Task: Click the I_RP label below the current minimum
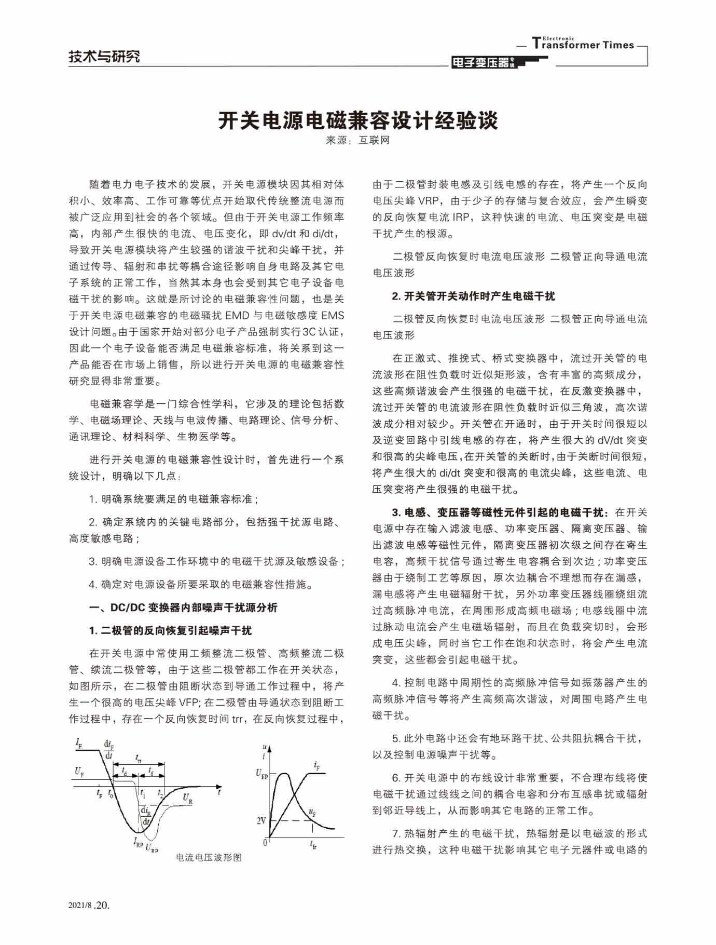(138, 843)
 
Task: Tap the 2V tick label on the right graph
(261, 821)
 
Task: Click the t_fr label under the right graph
(313, 845)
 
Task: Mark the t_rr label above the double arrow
(139, 758)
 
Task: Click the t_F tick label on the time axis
(99, 793)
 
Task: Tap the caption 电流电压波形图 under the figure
(209, 857)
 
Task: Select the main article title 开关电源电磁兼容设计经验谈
(358, 120)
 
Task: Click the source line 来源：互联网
(357, 140)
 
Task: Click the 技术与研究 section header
(104, 56)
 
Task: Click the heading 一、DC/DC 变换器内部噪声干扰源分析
(183, 607)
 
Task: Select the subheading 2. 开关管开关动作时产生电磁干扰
(473, 296)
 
